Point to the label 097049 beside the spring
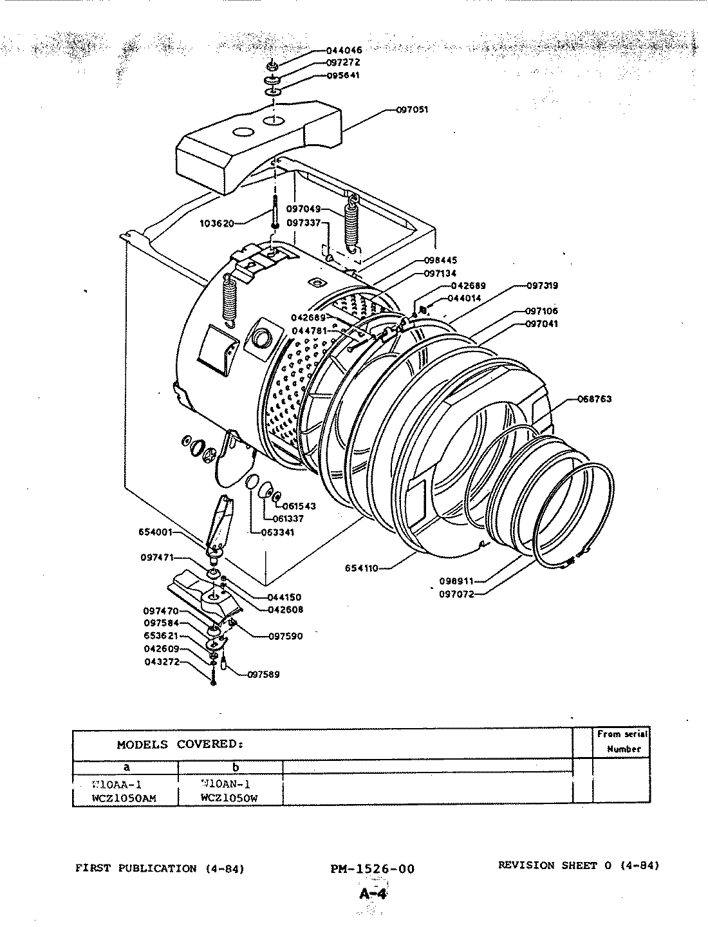(x=304, y=209)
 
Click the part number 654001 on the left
(x=156, y=532)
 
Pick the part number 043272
(x=161, y=662)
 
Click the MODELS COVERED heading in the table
(x=180, y=744)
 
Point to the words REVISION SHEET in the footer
(x=548, y=865)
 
